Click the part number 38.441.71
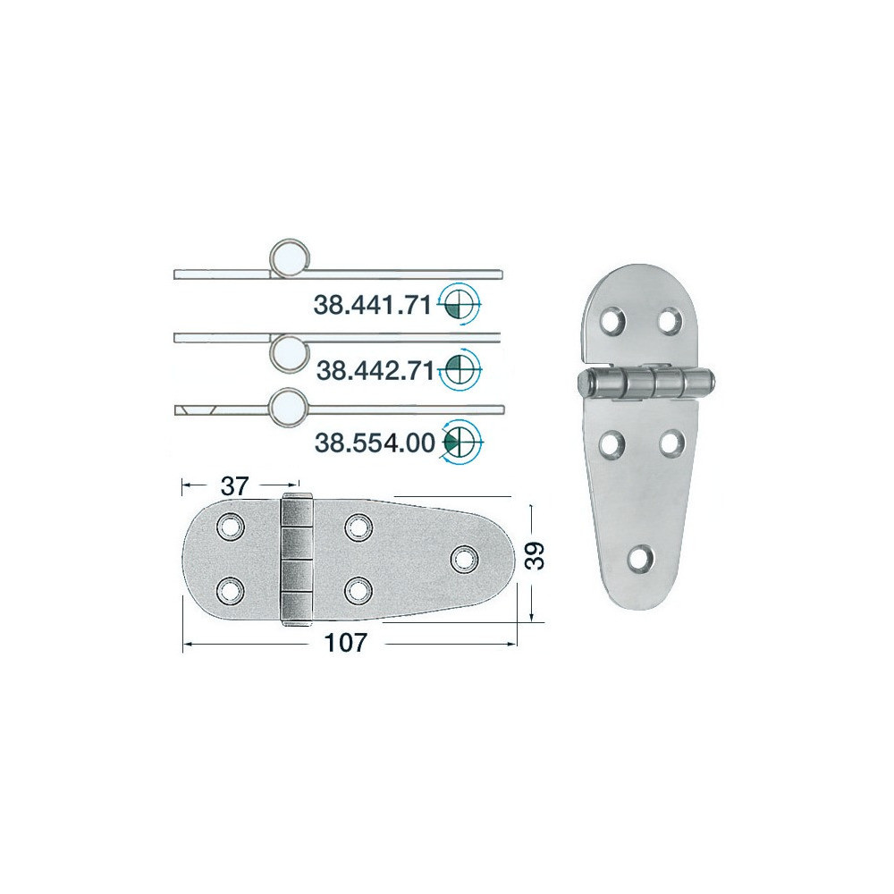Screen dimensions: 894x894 click(372, 306)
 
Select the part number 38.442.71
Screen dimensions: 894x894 click(375, 371)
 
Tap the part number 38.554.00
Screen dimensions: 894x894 click(375, 443)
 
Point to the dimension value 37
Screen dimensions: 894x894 click(235, 486)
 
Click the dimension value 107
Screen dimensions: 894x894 click(345, 643)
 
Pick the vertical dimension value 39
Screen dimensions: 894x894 click(536, 556)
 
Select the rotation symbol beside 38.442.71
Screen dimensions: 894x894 click(460, 370)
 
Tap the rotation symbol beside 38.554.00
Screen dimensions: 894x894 click(461, 442)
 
